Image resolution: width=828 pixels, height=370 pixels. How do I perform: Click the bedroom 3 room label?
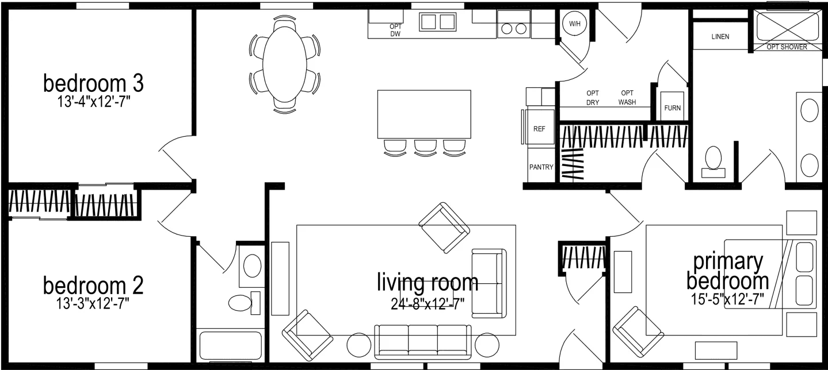pyautogui.click(x=93, y=83)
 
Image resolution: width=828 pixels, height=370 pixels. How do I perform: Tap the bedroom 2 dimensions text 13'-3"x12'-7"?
pyautogui.click(x=93, y=302)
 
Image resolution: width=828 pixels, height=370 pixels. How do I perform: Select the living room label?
pyautogui.click(x=427, y=282)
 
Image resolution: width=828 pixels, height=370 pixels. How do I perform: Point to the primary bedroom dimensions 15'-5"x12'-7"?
pyautogui.click(x=730, y=299)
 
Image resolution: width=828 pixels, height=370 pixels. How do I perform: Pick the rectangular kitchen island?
pyautogui.click(x=424, y=114)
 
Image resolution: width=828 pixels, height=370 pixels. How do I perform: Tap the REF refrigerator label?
pyautogui.click(x=539, y=129)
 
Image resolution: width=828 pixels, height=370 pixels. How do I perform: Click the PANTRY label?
pyautogui.click(x=541, y=168)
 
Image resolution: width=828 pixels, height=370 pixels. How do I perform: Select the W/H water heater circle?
pyautogui.click(x=574, y=24)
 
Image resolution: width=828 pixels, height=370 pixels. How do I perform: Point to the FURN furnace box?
pyautogui.click(x=672, y=107)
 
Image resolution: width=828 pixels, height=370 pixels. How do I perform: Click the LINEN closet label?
pyautogui.click(x=720, y=37)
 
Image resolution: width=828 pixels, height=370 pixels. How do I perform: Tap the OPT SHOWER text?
pyautogui.click(x=787, y=47)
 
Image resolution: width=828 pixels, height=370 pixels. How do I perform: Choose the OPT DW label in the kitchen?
pyautogui.click(x=395, y=30)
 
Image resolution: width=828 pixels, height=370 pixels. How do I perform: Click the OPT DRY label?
pyautogui.click(x=593, y=98)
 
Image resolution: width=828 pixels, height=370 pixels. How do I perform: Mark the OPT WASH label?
pyautogui.click(x=627, y=98)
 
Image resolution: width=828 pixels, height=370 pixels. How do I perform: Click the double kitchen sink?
pyautogui.click(x=437, y=22)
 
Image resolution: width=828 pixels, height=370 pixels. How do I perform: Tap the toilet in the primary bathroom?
pyautogui.click(x=713, y=159)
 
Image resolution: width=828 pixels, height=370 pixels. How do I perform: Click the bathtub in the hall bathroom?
pyautogui.click(x=230, y=346)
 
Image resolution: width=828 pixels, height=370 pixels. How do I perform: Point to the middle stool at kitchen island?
pyautogui.click(x=424, y=147)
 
